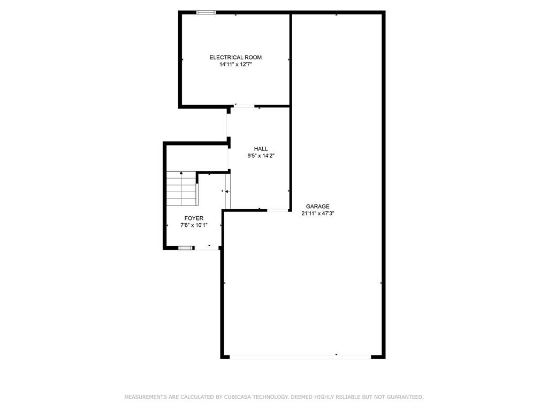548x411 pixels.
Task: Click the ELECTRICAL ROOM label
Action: (235, 57)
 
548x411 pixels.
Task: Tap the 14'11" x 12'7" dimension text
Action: (235, 64)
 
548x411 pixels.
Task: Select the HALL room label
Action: (261, 149)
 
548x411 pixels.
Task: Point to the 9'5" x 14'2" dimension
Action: (261, 156)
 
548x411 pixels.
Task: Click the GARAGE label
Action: (318, 207)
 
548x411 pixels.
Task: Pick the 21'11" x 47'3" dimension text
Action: (318, 213)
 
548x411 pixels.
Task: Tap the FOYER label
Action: (194, 218)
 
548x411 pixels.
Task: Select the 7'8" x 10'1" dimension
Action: (194, 225)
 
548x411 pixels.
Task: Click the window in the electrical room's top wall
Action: (206, 13)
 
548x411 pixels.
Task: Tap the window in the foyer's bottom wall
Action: (186, 248)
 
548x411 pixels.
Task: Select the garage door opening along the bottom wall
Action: (300, 357)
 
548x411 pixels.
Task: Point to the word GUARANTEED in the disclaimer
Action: (405, 397)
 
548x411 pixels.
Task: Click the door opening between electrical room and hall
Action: (244, 106)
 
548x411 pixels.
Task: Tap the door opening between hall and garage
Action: (278, 210)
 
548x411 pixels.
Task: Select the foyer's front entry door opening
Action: (206, 248)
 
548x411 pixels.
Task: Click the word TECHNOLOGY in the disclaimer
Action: (270, 397)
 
